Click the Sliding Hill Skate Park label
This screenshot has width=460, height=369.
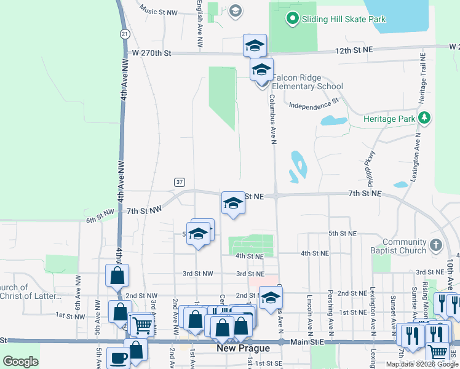344,19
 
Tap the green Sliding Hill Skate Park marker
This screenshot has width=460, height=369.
293,19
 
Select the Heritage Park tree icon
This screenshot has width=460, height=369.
424,117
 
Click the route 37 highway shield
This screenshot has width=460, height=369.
179,182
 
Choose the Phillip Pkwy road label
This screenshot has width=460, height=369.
372,168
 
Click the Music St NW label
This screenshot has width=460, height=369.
158,10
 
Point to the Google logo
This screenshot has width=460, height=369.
20,362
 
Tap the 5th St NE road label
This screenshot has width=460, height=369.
342,234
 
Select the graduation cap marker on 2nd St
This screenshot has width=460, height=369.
270,298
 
